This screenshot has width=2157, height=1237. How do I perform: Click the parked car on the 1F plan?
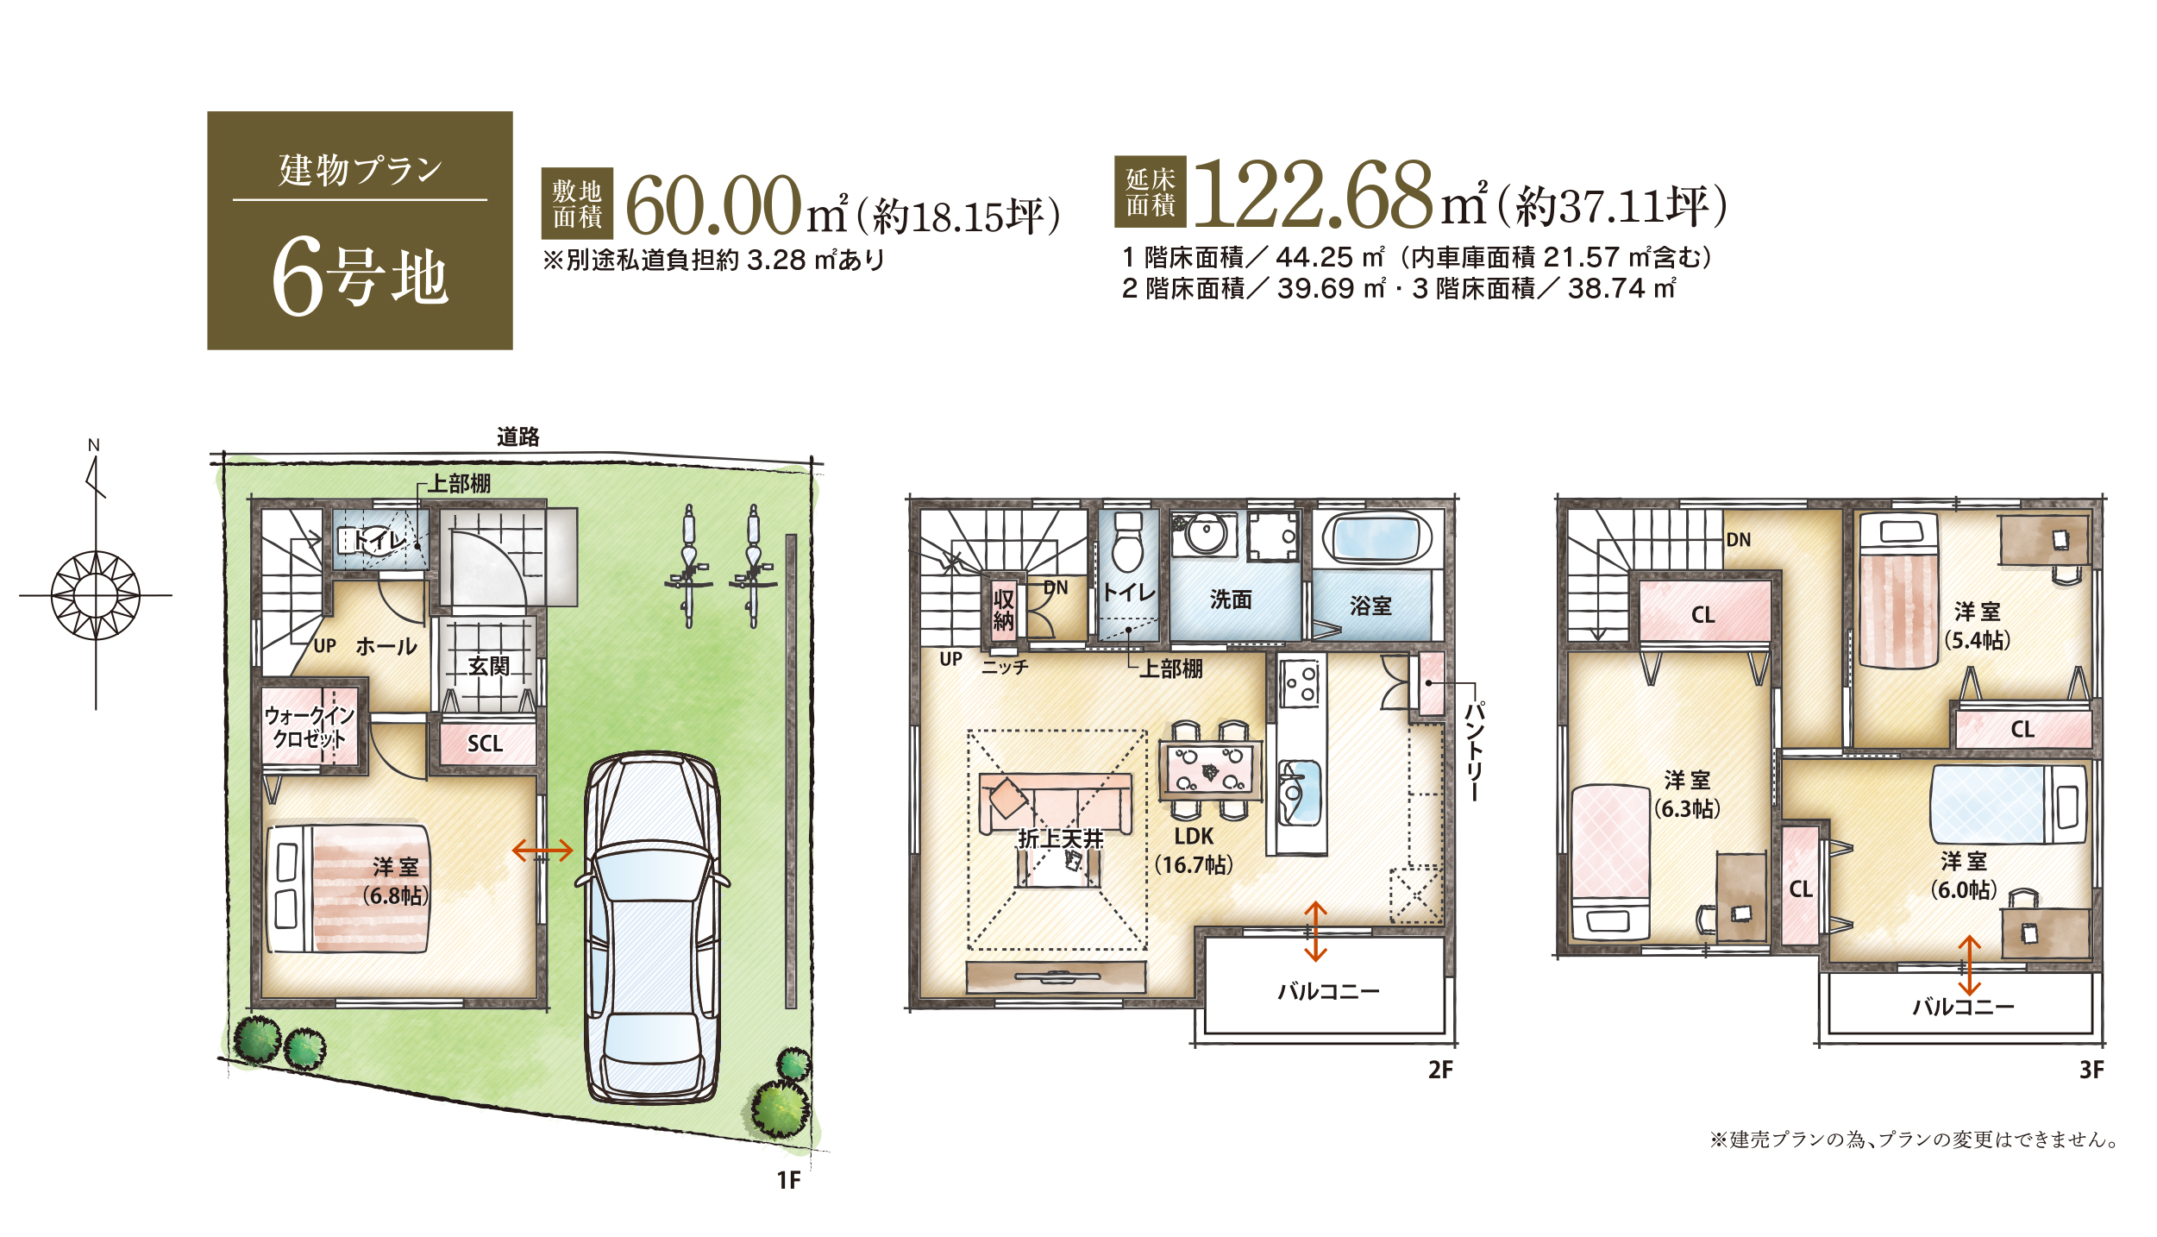[652, 928]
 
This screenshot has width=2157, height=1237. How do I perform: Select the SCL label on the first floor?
[485, 744]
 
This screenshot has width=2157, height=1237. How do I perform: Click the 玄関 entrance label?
[489, 666]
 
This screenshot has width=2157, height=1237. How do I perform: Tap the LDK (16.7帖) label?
[1194, 850]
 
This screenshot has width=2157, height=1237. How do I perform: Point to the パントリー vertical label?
[1474, 751]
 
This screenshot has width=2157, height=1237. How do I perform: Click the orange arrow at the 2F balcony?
[1314, 931]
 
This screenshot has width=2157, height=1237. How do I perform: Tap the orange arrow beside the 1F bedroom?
[542, 851]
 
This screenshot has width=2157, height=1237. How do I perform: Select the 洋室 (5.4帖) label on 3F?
[1978, 625]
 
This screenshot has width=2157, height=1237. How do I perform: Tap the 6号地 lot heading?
[361, 278]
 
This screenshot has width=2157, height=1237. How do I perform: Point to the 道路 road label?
[518, 437]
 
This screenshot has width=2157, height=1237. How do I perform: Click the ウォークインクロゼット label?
[310, 727]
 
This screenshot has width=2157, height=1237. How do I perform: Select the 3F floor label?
[2091, 1070]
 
